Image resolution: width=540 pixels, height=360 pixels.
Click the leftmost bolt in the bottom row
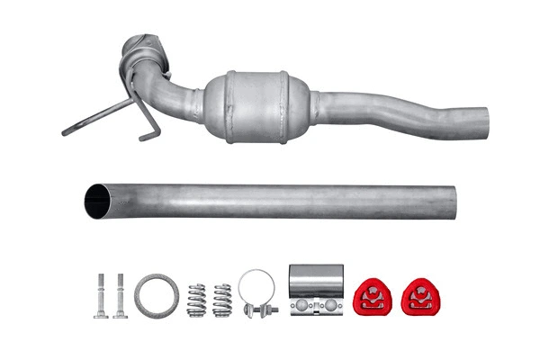(99, 294)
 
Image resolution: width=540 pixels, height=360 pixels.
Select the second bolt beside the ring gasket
(120, 294)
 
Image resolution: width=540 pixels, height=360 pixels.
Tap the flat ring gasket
(157, 297)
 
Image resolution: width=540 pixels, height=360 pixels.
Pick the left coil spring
(196, 301)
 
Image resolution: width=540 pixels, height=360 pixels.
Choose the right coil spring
(221, 301)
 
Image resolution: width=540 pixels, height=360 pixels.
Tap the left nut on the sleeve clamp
(305, 306)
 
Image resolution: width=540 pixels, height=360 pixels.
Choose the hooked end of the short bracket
(143, 138)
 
